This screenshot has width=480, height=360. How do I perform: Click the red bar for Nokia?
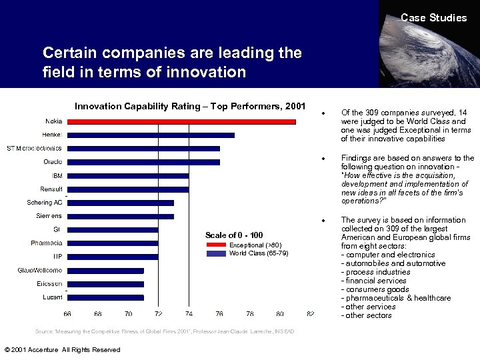pyautogui.click(x=181, y=121)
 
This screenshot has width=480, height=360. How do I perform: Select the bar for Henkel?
pyautogui.click(x=151, y=135)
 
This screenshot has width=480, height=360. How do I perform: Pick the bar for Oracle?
pyautogui.click(x=143, y=162)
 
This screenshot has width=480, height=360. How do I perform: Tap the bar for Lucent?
pyautogui.click(x=105, y=297)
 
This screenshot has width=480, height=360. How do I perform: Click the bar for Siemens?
pyautogui.click(x=121, y=216)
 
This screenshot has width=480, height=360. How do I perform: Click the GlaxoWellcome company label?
pyautogui.click(x=40, y=270)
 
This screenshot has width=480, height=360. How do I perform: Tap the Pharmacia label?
pyautogui.click(x=47, y=243)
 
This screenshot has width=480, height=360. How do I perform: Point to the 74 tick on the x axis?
pyautogui.click(x=189, y=313)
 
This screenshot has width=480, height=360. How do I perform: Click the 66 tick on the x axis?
pyautogui.click(x=67, y=313)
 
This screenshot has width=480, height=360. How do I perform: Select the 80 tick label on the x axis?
pyautogui.click(x=280, y=313)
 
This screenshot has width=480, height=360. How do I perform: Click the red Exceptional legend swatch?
pyautogui.click(x=217, y=245)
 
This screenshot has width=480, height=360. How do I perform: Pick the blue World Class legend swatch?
pyautogui.click(x=217, y=253)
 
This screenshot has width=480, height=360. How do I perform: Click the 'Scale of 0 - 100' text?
pyautogui.click(x=234, y=235)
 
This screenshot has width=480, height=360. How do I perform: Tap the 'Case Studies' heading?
pyautogui.click(x=433, y=18)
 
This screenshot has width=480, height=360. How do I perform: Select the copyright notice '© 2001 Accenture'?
pyautogui.click(x=62, y=350)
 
